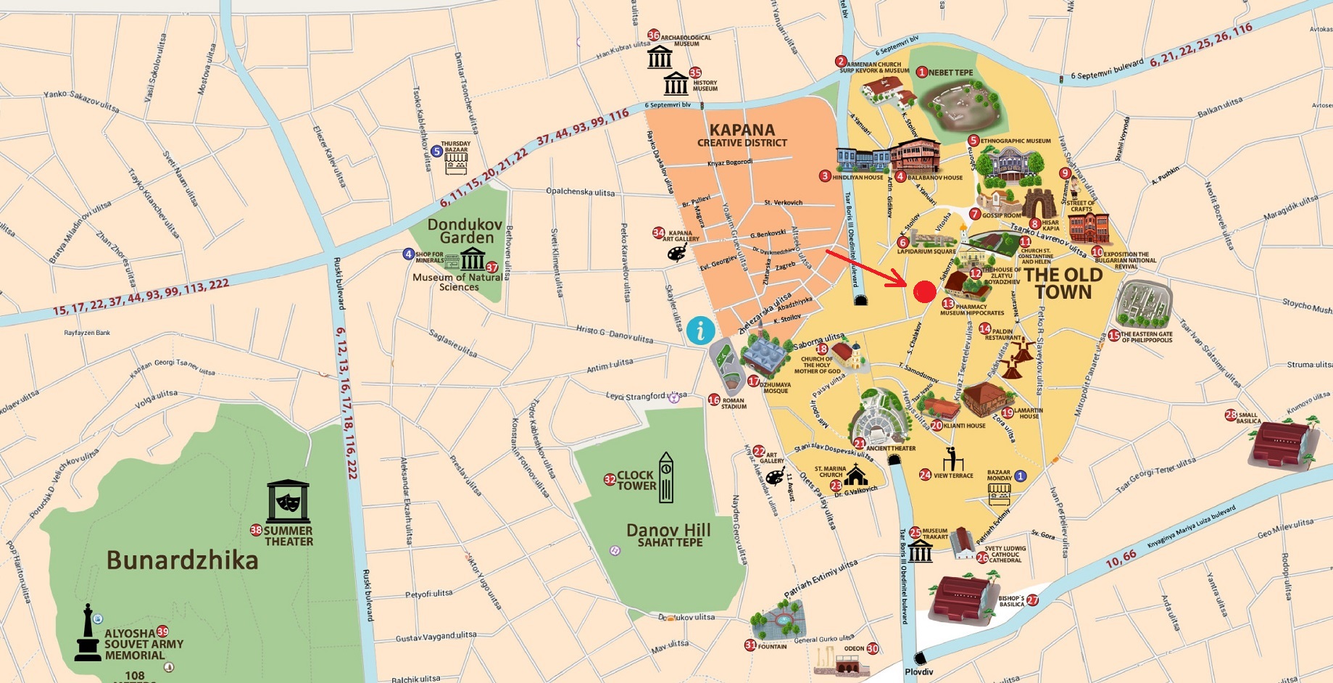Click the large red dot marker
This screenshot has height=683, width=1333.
(x=924, y=291)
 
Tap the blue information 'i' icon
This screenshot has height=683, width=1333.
(x=700, y=331)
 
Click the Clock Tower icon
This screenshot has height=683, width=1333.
(x=665, y=478)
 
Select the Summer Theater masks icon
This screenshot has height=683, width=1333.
(x=288, y=501)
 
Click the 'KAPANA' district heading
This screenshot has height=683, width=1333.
(x=742, y=131)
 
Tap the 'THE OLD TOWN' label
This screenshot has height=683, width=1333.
(x=1063, y=283)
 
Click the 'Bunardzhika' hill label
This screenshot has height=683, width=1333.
(x=182, y=560)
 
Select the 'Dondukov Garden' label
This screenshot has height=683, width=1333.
(x=465, y=231)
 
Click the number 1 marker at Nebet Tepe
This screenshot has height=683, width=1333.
(x=922, y=73)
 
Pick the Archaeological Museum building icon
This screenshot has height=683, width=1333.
(x=660, y=57)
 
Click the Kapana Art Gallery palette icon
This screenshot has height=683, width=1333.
(x=676, y=252)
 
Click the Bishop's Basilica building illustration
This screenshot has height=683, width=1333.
(x=963, y=599)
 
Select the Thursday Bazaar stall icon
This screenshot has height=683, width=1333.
(x=456, y=163)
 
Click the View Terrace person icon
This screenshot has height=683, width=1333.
(x=950, y=460)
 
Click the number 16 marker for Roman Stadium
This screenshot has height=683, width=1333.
(x=713, y=400)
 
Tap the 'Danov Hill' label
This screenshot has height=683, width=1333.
(x=668, y=530)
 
